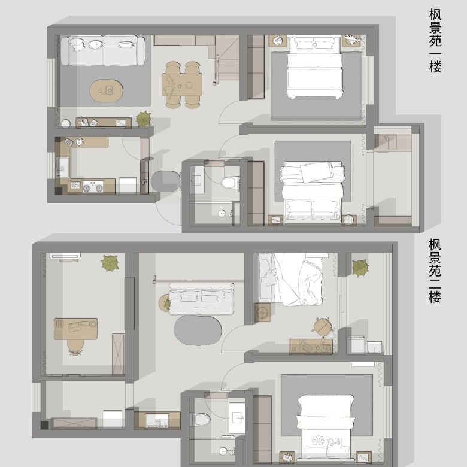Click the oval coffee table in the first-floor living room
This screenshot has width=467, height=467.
click(107, 90)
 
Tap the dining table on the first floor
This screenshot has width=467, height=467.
click(182, 84)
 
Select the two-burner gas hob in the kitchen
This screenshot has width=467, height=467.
click(93, 187)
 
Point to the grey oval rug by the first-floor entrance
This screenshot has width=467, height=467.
click(166, 181)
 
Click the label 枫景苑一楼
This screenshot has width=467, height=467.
click(435, 41)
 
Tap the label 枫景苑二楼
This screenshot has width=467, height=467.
click(435, 271)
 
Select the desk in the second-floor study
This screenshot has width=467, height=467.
click(75, 329)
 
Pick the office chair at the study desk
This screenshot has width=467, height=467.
click(75, 347)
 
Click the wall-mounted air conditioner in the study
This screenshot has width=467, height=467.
click(65, 256)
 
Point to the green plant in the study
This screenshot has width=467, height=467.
click(110, 263)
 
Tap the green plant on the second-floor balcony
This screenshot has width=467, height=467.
click(360, 268)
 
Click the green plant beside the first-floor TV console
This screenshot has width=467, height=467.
click(144, 119)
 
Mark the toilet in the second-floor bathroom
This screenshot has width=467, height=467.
click(201, 419)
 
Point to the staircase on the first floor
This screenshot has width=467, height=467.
click(227, 59)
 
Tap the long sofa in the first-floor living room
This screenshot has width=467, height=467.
click(103, 50)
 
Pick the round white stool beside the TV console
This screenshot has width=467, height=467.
click(66, 123)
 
